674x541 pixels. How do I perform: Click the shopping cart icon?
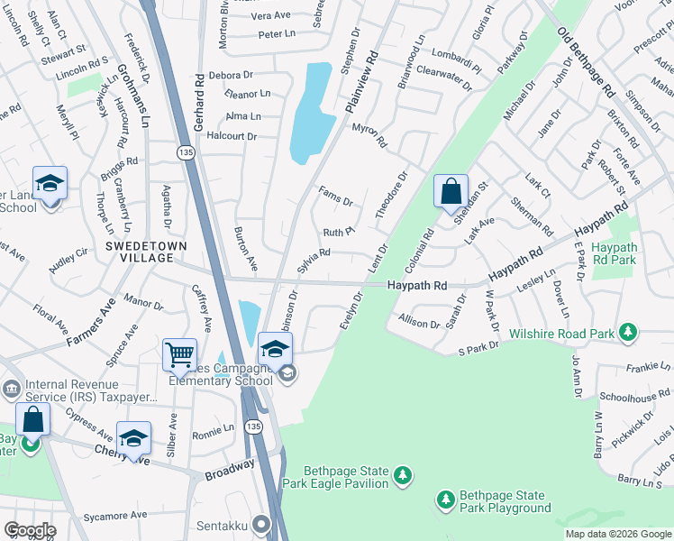coord(180,354)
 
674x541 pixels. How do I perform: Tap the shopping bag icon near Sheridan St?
coord(451,191)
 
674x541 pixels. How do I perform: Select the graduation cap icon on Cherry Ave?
coord(133,438)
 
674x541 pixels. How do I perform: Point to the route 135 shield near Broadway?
coord(254,426)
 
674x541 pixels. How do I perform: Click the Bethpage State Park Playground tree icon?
coord(445,499)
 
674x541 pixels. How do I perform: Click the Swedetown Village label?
coord(138,252)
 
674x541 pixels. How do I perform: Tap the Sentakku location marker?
coord(261,523)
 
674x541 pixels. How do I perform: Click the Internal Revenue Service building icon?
coord(11,389)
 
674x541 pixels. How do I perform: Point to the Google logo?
coord(30,530)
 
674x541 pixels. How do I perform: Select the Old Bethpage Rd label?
coord(586,62)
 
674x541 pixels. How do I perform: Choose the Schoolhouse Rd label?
coord(635,397)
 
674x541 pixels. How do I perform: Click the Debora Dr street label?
coord(232,75)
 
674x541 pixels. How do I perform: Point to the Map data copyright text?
coord(617,534)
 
